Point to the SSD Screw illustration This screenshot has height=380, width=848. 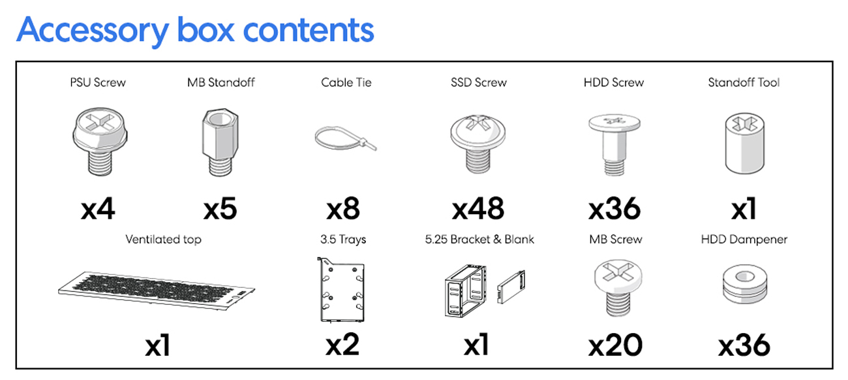tap(478, 142)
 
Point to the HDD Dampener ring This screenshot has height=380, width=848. tap(744, 286)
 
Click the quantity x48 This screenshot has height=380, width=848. tap(478, 209)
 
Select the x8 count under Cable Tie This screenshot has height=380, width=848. tap(342, 209)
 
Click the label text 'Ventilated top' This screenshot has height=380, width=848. tap(163, 240)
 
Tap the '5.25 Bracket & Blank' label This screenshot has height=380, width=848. tap(479, 240)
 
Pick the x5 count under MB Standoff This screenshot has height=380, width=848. tap(220, 209)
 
